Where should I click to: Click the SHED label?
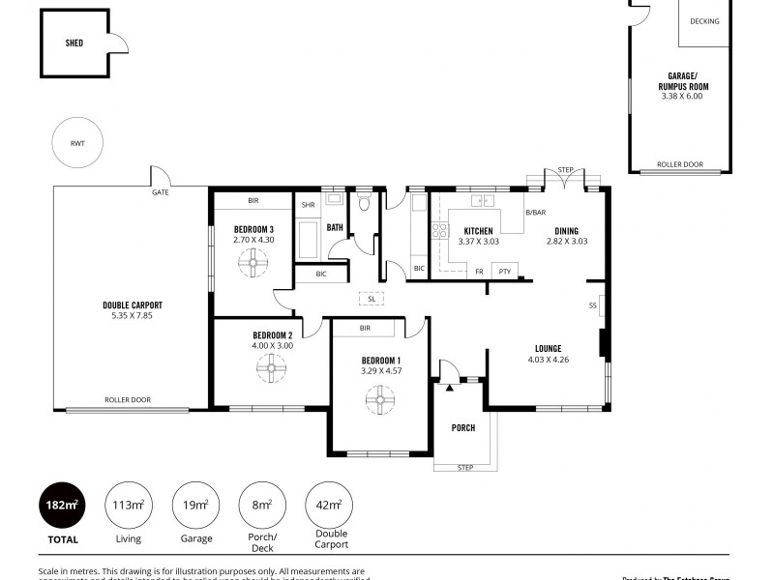point(74,43)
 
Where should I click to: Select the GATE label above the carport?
point(160,192)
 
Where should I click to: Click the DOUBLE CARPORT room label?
point(133,304)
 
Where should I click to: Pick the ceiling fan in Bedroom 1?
point(379,398)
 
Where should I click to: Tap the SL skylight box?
point(372,299)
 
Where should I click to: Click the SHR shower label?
point(308,205)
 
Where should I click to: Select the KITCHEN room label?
point(478,231)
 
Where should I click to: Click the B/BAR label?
point(536,212)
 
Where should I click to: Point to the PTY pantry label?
point(504,272)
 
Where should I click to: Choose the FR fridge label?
point(479,272)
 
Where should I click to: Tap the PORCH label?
point(463,427)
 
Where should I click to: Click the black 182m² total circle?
point(62,504)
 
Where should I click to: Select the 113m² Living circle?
point(130,504)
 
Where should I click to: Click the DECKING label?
point(704,21)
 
